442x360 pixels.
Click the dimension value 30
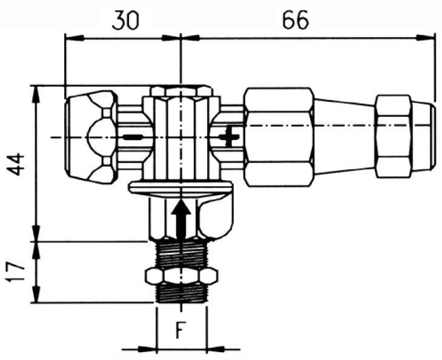[125, 21]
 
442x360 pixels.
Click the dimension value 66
[295, 20]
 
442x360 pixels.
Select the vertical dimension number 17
[13, 272]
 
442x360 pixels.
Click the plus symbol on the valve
[229, 137]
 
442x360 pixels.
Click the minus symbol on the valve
[133, 138]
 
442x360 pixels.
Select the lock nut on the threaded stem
[181, 276]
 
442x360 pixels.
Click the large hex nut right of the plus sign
[279, 137]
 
